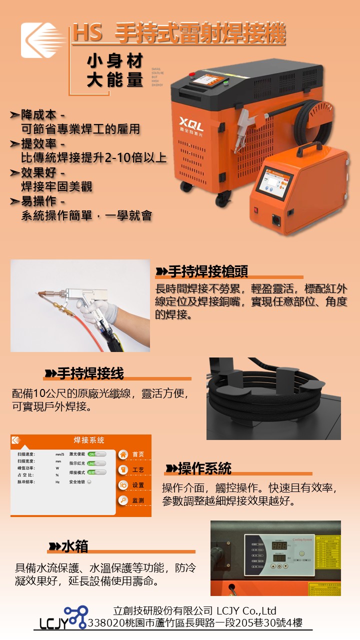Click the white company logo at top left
[x=43, y=39]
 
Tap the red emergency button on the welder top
[x=191, y=74]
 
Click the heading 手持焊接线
[x=90, y=373]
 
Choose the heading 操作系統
[x=204, y=468]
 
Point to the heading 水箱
[x=74, y=546]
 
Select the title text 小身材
[x=115, y=61]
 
